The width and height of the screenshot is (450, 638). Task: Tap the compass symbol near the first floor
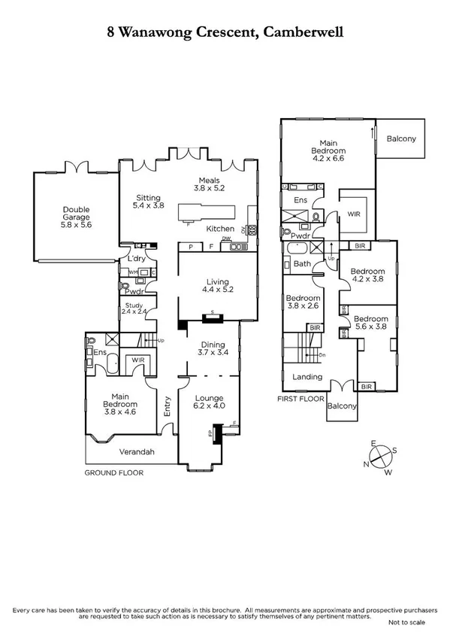tap(382, 457)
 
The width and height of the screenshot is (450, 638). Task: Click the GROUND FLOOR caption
tap(113, 472)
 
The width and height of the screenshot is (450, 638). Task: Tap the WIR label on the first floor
tap(353, 214)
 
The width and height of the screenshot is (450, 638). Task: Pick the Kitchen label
tap(220, 229)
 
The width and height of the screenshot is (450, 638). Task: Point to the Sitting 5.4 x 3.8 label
tap(148, 200)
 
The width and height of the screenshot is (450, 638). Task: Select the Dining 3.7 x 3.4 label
tap(213, 348)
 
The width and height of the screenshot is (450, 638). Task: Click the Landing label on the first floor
tap(307, 377)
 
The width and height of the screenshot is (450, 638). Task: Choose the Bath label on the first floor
tap(302, 264)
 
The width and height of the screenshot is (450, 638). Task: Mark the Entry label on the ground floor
tap(168, 407)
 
